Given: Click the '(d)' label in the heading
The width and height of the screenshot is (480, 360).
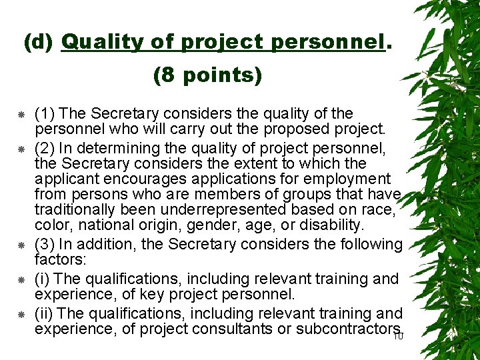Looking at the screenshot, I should [39, 43].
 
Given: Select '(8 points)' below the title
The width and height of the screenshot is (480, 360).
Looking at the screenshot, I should [207, 75].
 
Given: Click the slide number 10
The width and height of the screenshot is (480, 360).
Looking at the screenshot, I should [399, 336].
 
